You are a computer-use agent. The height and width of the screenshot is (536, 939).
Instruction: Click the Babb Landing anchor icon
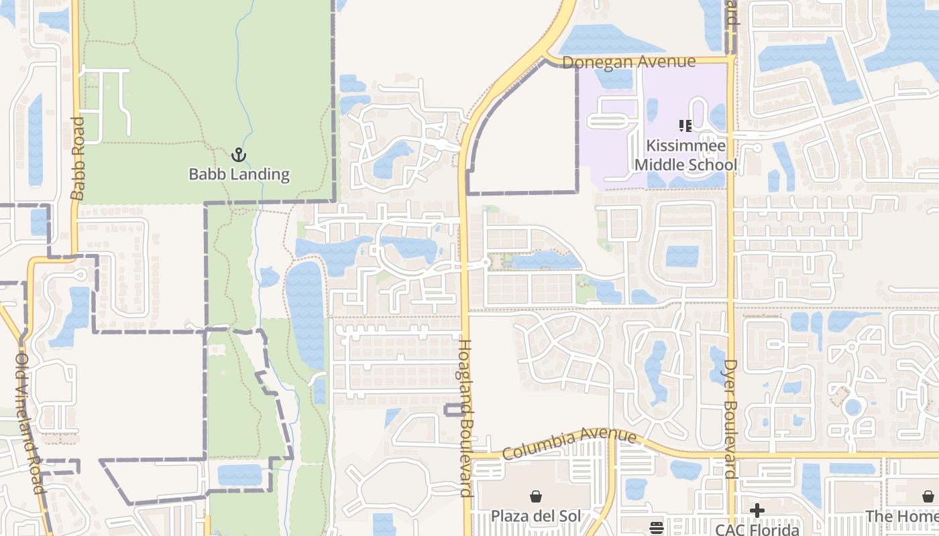click(239, 155)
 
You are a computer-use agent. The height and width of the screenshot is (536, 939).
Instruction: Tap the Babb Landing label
click(239, 175)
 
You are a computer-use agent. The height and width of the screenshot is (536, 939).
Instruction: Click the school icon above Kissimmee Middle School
click(685, 125)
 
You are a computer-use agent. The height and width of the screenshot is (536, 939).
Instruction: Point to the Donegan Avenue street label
click(628, 62)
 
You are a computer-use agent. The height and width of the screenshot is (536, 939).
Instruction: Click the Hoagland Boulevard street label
click(465, 418)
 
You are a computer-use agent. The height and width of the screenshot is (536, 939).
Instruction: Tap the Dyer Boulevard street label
click(730, 418)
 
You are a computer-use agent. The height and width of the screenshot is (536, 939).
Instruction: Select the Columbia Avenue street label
click(569, 444)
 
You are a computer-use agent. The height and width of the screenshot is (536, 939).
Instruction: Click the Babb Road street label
click(77, 158)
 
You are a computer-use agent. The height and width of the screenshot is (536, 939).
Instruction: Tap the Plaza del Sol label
click(536, 516)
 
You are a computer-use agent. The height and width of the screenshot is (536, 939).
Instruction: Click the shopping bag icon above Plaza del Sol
click(536, 496)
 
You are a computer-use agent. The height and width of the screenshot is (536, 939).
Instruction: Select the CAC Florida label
click(757, 529)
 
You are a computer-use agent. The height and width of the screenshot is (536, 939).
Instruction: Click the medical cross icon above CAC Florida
click(757, 511)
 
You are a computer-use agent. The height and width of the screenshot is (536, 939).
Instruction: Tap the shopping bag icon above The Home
click(928, 496)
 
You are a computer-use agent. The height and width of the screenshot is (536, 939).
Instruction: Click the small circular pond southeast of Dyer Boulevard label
click(852, 407)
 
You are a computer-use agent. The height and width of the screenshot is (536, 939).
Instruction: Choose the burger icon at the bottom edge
click(657, 527)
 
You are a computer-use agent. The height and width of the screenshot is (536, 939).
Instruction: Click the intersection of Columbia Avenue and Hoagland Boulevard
click(467, 456)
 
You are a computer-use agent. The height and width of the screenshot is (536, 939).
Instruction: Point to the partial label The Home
click(901, 516)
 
